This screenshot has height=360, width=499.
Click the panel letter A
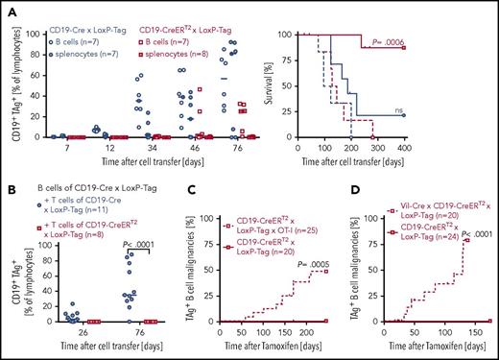(10, 7)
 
